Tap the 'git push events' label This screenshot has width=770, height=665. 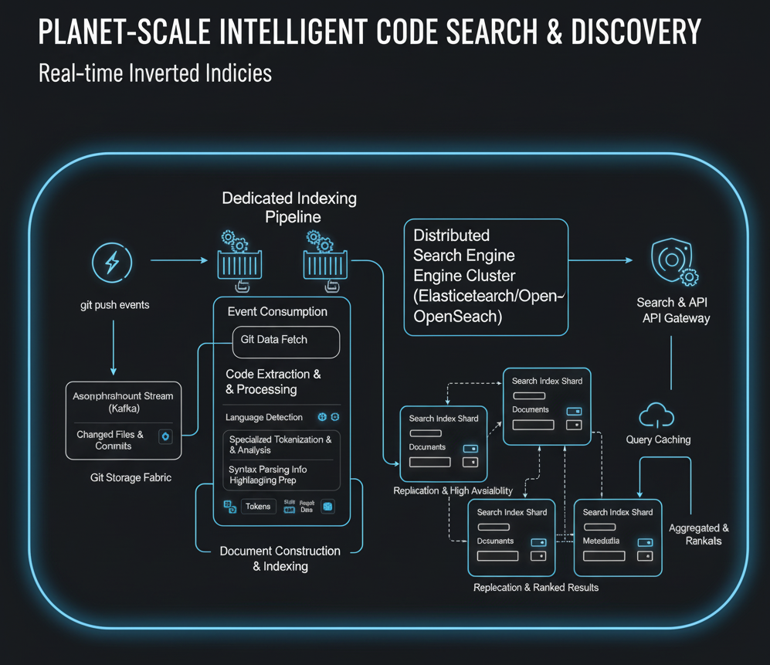pyautogui.click(x=114, y=305)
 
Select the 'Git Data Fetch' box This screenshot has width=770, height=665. pyautogui.click(x=285, y=340)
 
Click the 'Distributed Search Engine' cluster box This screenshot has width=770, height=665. pyautogui.click(x=486, y=276)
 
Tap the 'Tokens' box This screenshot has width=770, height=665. pyautogui.click(x=258, y=507)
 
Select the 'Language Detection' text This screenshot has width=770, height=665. pyautogui.click(x=264, y=418)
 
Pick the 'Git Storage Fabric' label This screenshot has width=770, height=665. pyautogui.click(x=131, y=478)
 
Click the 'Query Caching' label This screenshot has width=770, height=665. pyautogui.click(x=658, y=440)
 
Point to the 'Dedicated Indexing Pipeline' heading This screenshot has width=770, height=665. pyautogui.click(x=289, y=208)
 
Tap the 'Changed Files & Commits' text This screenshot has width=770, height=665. pyautogui.click(x=110, y=440)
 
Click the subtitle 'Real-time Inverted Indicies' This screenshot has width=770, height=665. pyautogui.click(x=155, y=73)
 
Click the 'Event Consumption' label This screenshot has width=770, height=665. pyautogui.click(x=277, y=312)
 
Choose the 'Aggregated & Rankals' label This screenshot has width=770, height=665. pyautogui.click(x=699, y=534)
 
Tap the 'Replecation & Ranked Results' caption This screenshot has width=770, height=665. pyautogui.click(x=536, y=588)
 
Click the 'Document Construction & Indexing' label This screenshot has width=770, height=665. pyautogui.click(x=280, y=558)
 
